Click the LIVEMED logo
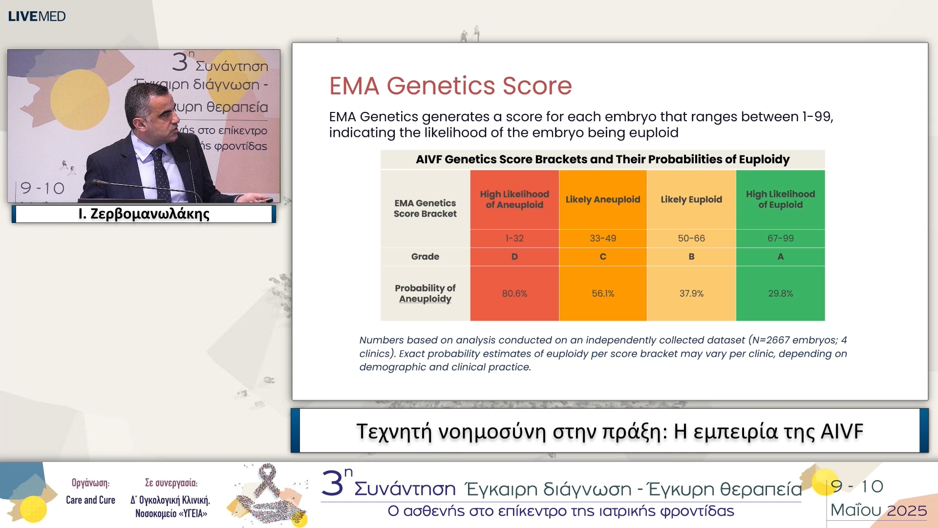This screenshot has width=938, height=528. click(x=37, y=16)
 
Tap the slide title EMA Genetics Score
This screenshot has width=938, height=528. click(x=450, y=86)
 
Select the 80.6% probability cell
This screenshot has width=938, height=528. click(x=514, y=293)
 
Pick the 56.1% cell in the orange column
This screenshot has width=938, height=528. click(x=603, y=293)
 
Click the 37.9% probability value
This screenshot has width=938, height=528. click(x=691, y=293)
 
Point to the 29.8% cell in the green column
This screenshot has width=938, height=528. click(x=780, y=293)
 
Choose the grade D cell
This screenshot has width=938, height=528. click(x=514, y=257)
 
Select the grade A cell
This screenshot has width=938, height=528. click(x=780, y=257)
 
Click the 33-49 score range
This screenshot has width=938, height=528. click(x=603, y=238)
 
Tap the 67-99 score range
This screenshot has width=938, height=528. click(x=780, y=238)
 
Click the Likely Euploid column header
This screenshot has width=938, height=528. click(x=691, y=199)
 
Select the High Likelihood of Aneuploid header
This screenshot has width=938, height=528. click(x=514, y=199)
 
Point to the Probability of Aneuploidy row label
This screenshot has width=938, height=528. click(x=425, y=293)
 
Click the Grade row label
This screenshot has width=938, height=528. click(x=425, y=257)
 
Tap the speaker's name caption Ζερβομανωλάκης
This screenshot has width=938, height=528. click(x=144, y=214)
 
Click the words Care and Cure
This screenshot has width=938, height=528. click(x=90, y=500)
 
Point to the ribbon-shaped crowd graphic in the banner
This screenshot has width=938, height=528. click(x=268, y=494)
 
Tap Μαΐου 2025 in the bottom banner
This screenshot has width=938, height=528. click(x=878, y=510)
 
